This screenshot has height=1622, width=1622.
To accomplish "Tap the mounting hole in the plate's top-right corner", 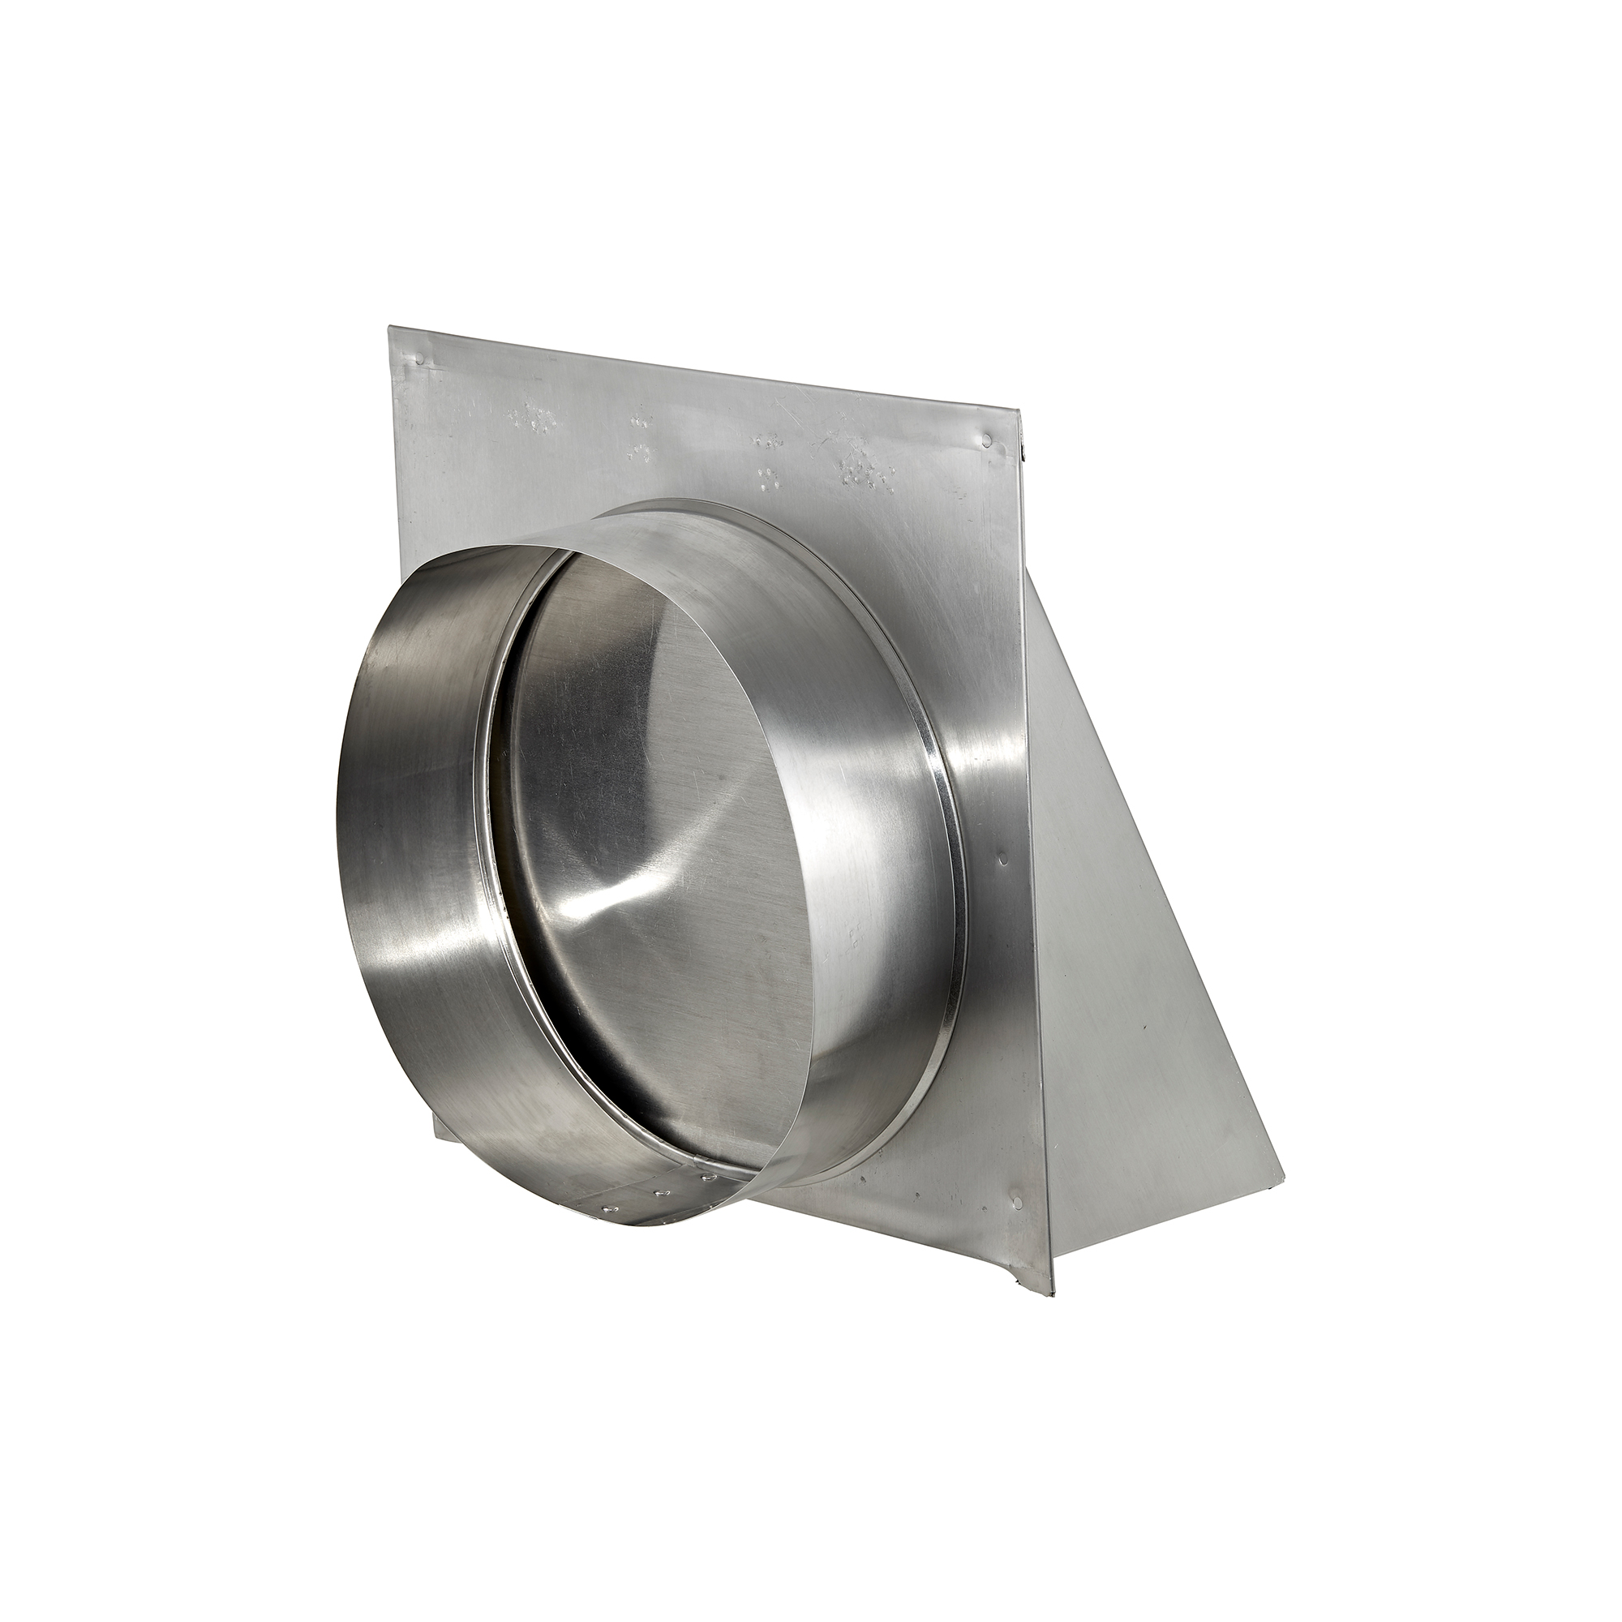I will (x=988, y=438).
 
